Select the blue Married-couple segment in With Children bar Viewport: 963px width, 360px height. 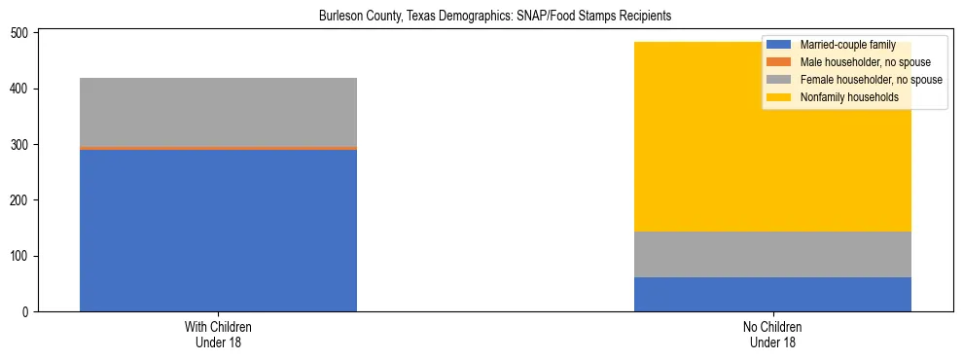click(218, 230)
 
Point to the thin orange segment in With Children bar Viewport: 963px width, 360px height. click(218, 148)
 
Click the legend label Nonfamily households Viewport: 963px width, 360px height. click(849, 97)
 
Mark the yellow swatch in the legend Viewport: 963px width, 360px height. click(779, 97)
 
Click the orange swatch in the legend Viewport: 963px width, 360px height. click(779, 62)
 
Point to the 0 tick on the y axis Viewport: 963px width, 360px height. click(28, 312)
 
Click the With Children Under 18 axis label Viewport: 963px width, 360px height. click(218, 335)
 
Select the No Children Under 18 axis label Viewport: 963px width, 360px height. click(772, 335)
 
